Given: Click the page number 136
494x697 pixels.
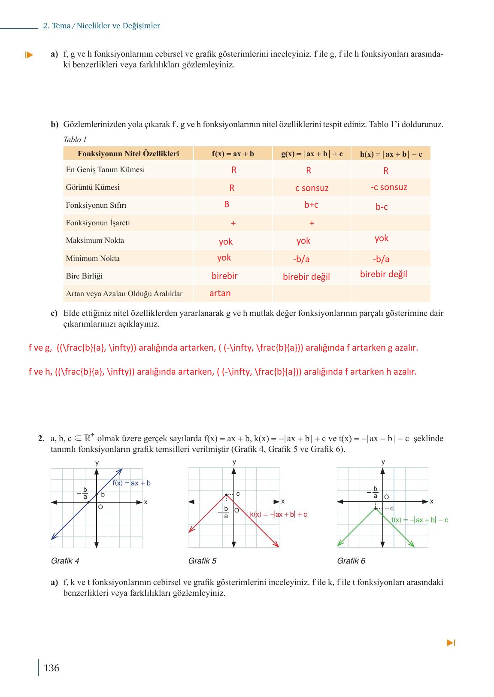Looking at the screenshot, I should (52, 668).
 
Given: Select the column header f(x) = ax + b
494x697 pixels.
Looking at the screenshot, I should (233, 154).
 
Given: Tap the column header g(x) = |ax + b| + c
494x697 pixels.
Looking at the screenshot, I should (312, 154).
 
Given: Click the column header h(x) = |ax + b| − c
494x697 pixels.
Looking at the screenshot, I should (391, 154).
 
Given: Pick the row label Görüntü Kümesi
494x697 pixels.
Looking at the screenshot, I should (93, 187).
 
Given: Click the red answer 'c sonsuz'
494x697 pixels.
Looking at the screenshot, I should (312, 188).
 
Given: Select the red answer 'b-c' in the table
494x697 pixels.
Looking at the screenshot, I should (382, 207).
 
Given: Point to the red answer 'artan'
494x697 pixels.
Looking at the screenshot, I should (220, 293).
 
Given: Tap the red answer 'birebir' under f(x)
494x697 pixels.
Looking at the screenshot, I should (224, 276).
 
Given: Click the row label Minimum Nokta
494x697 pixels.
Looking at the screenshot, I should (93, 258).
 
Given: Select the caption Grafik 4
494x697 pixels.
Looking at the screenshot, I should (65, 561).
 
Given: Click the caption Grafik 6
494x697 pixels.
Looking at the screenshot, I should (351, 561).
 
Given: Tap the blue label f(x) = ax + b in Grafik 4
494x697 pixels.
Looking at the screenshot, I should (131, 483).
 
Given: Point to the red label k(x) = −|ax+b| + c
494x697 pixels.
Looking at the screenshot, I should (278, 514).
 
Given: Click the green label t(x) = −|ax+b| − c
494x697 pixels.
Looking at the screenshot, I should (419, 520).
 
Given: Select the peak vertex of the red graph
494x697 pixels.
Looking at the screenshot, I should (226, 495).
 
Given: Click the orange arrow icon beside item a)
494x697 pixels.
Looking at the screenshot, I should (29, 55).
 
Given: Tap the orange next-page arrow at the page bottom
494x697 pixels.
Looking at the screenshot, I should (451, 642).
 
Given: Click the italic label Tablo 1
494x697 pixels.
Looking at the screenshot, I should (75, 139).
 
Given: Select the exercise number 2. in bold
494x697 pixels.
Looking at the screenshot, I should (41, 439).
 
